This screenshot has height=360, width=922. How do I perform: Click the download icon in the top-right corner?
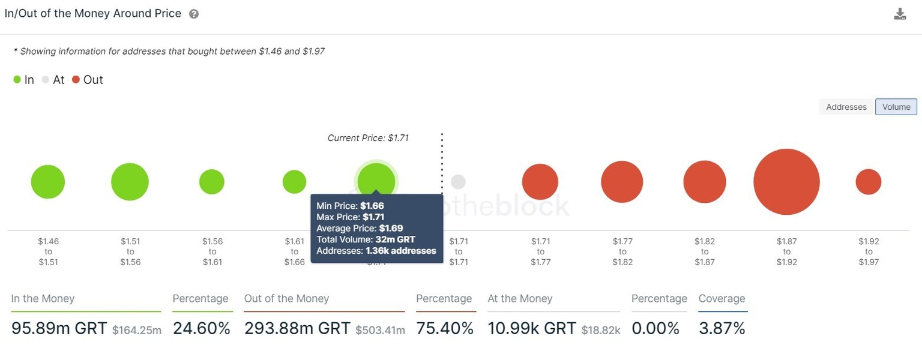[900, 14]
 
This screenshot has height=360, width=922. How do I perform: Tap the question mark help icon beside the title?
[194, 14]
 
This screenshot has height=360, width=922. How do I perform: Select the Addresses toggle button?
[846, 107]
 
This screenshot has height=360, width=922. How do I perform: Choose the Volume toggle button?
[896, 107]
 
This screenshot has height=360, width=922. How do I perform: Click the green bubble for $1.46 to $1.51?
[48, 182]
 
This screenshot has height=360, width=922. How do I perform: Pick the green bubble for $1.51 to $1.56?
[130, 182]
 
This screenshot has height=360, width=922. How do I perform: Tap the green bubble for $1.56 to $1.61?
[212, 182]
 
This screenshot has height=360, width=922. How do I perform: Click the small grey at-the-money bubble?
[458, 182]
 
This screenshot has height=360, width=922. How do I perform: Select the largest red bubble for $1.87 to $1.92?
[786, 182]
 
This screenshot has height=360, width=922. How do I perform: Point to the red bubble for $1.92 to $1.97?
[868, 182]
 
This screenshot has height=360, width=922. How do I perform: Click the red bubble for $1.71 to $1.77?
[540, 182]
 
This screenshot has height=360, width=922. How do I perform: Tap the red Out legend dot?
[76, 80]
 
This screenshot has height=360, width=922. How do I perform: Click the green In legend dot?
[17, 80]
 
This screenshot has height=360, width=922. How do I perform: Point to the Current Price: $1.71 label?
[368, 138]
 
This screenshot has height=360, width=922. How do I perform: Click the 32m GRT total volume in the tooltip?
[395, 239]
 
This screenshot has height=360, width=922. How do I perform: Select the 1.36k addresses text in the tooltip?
[400, 251]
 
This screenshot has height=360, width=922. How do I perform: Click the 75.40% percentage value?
[445, 328]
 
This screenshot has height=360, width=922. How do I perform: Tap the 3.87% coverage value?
[722, 328]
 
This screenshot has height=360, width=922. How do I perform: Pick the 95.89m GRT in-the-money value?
[59, 328]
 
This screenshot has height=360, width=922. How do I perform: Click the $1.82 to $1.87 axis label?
[705, 251]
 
